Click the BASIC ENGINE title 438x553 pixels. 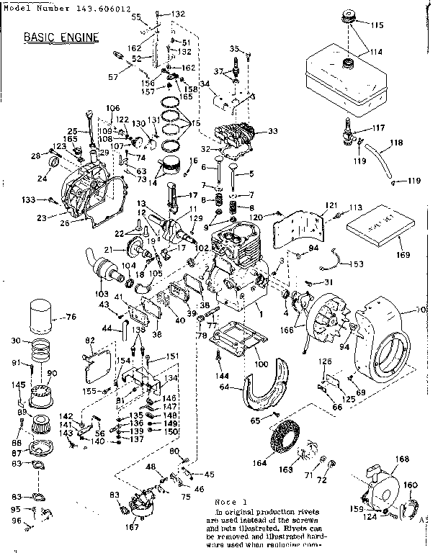pyautogui.click(x=61, y=36)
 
